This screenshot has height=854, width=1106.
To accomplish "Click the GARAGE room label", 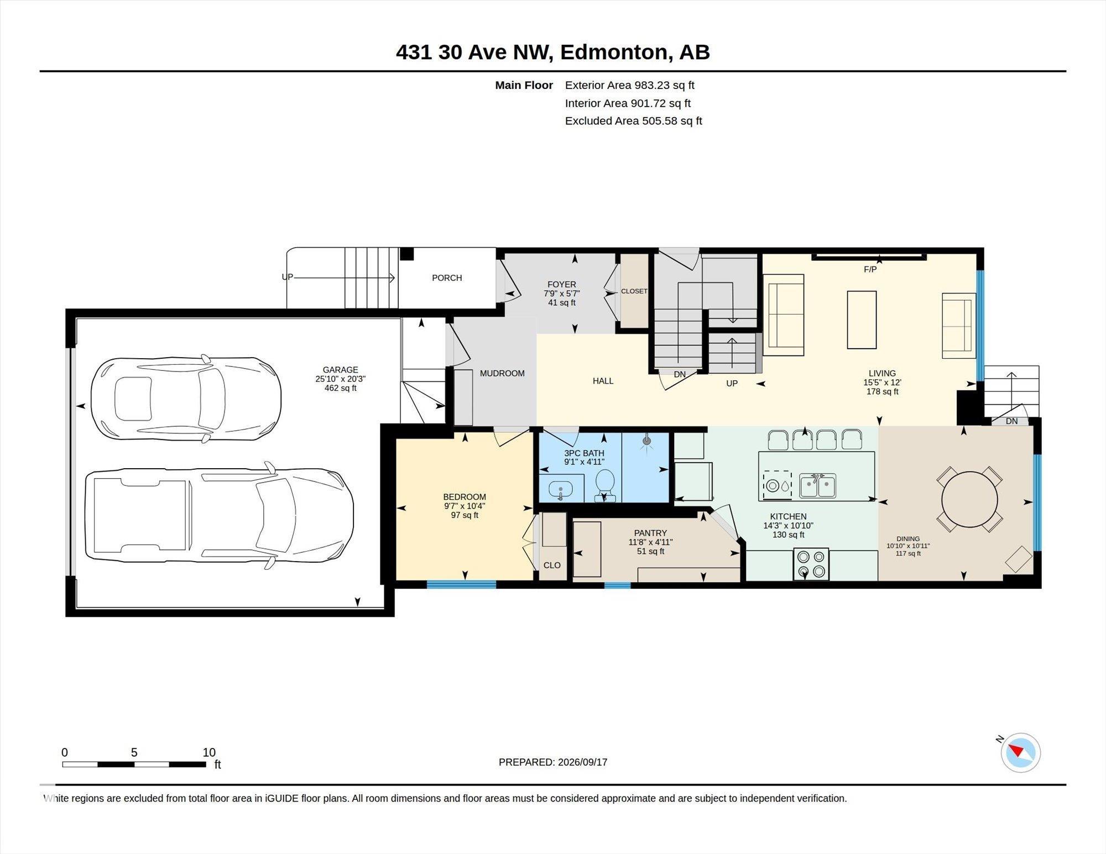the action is (340, 370).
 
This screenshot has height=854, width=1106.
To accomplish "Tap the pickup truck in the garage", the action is (220, 515).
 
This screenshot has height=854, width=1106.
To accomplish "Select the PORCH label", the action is (447, 278).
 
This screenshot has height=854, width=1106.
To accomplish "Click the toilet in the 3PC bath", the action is (605, 485).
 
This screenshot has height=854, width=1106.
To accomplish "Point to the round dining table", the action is (969, 501).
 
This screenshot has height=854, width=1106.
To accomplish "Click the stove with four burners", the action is (811, 564).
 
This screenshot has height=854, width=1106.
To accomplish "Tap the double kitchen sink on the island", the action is (817, 485).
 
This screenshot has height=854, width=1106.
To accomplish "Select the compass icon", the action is (1020, 752).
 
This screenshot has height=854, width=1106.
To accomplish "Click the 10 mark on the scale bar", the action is (209, 752).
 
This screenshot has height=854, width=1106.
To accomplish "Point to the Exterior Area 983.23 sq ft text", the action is (629, 85).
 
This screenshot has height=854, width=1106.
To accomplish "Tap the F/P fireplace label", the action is (870, 270).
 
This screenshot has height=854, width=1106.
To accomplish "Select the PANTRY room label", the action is (650, 533).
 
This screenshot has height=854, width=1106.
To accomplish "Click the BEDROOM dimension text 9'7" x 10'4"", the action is (465, 506).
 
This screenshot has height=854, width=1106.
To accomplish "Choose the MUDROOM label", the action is (502, 374).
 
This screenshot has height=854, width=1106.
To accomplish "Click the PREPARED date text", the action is (553, 762).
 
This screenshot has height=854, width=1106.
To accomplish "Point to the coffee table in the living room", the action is (862, 319).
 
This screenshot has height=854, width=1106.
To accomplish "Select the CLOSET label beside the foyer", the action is (634, 291).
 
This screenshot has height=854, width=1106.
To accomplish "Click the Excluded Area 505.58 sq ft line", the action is (633, 121).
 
